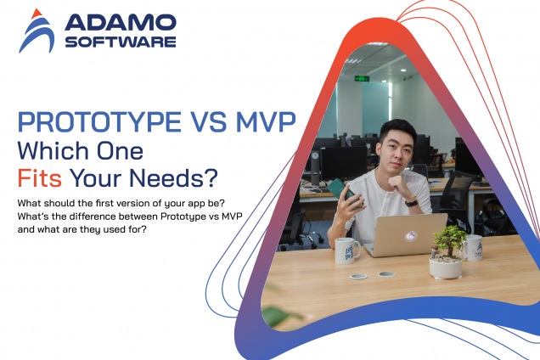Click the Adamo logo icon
[x=37, y=31]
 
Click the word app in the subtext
[x=194, y=204]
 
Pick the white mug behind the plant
[x=474, y=246]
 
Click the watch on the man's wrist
[x=411, y=201]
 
